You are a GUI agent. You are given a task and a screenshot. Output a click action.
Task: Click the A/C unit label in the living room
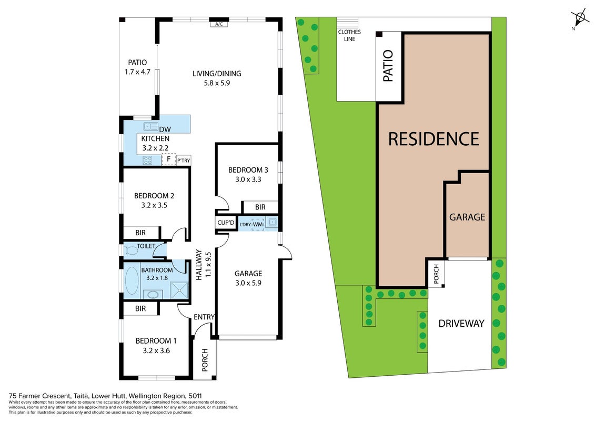point(219,24)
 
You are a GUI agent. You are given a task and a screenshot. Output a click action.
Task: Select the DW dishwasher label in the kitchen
point(165,129)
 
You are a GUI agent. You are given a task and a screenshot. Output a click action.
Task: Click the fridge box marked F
point(168,159)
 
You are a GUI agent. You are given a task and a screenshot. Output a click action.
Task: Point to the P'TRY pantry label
point(184,161)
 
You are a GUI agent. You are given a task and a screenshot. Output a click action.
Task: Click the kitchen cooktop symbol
point(147,160)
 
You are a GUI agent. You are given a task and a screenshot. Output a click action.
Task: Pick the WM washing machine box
point(258,224)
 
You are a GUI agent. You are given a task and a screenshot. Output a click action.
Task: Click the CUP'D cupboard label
point(226,223)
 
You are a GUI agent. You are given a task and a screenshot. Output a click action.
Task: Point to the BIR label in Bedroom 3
point(260,207)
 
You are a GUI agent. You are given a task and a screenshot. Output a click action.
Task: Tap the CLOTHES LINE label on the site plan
point(349,35)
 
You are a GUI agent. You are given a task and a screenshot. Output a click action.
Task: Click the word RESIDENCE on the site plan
point(433,138)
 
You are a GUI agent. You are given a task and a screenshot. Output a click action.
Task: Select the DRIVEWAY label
point(461,324)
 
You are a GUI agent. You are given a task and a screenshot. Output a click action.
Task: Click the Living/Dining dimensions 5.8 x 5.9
point(217,83)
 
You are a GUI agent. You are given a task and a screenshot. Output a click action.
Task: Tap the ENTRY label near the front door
point(204,317)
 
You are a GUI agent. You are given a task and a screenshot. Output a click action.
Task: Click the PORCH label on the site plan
point(436,273)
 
